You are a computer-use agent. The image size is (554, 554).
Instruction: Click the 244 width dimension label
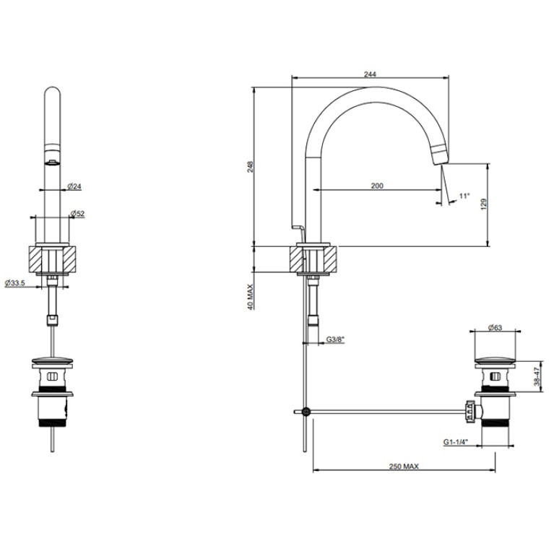pyautogui.click(x=370, y=74)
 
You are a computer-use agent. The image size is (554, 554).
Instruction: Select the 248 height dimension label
pyautogui.click(x=250, y=166)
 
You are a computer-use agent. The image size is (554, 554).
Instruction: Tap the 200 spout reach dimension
pyautogui.click(x=377, y=186)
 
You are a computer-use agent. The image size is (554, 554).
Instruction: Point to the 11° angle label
pyautogui.click(x=464, y=196)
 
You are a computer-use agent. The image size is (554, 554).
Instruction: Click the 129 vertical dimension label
pyautogui.click(x=484, y=204)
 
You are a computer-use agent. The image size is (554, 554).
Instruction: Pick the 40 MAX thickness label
pyautogui.click(x=250, y=297)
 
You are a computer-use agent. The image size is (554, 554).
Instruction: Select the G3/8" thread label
pyautogui.click(x=335, y=339)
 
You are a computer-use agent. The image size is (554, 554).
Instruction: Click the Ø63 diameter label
pyautogui.click(x=495, y=327)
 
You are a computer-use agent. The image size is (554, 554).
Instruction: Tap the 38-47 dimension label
pyautogui.click(x=537, y=376)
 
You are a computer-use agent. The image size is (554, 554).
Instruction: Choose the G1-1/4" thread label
pyautogui.click(x=456, y=441)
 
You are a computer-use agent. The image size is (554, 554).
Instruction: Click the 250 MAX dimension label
pyautogui.click(x=404, y=467)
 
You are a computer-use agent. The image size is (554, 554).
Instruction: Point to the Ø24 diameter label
pyautogui.click(x=74, y=186)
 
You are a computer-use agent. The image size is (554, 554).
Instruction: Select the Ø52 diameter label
pyautogui.click(x=77, y=213)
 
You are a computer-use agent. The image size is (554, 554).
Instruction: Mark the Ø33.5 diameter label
pyautogui.click(x=15, y=283)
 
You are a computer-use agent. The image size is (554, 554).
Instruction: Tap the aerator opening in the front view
pyautogui.click(x=53, y=163)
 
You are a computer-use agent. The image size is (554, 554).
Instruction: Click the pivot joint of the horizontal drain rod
pyautogui.click(x=306, y=411)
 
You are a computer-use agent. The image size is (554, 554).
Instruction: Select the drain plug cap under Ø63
pyautogui.click(x=495, y=360)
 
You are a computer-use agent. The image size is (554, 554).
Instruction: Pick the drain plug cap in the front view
pyautogui.click(x=53, y=360)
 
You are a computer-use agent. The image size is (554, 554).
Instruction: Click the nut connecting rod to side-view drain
pyautogui.click(x=469, y=411)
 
